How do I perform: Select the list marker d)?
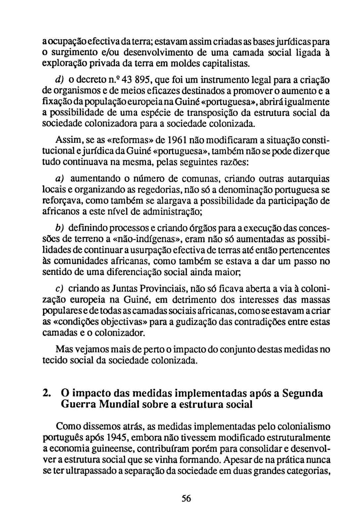click(x=60, y=80)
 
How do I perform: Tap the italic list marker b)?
click(x=60, y=228)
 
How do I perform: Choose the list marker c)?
click(x=60, y=289)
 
